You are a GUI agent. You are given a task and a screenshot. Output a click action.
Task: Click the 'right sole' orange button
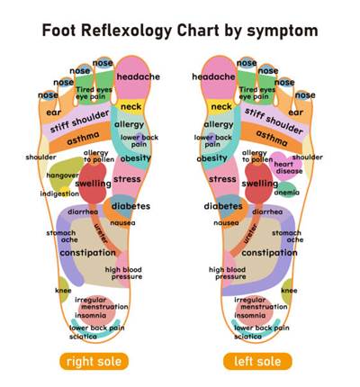94,361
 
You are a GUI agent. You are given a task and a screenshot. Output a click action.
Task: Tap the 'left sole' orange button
257,361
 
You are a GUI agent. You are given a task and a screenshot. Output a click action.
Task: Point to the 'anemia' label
287,193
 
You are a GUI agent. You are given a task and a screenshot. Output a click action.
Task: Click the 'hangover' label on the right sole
62,175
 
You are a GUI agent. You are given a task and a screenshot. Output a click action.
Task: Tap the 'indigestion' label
59,193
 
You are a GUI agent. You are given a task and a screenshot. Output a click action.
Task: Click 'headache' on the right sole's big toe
138,76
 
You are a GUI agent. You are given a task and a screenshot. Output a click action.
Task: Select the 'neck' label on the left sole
221,106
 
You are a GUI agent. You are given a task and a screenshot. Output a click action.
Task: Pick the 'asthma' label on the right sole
83,139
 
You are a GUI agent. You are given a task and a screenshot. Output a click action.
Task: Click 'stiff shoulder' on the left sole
274,121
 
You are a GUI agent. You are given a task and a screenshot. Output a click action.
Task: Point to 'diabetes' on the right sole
130,206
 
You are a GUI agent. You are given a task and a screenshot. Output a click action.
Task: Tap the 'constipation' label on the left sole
269,253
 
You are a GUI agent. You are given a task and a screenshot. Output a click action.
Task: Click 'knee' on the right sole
63,291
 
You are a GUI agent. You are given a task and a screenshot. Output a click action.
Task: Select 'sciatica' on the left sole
247,337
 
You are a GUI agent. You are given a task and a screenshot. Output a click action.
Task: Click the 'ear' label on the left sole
296,112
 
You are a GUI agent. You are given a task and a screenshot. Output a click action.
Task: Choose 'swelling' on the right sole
93,184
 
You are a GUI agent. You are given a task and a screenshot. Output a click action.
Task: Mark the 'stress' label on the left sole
222,179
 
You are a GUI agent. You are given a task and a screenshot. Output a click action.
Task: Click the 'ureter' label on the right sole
101,233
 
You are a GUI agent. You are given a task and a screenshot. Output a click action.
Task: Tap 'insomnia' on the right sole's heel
91,315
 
